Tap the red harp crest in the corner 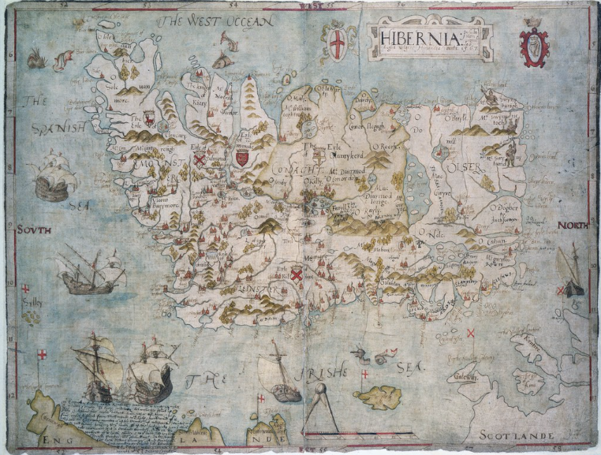point(535,46)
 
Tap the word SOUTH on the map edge point(32,229)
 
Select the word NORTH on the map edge point(573,226)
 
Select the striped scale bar point(359,433)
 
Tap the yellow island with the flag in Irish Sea point(377,396)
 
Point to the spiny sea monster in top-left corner point(35,57)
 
